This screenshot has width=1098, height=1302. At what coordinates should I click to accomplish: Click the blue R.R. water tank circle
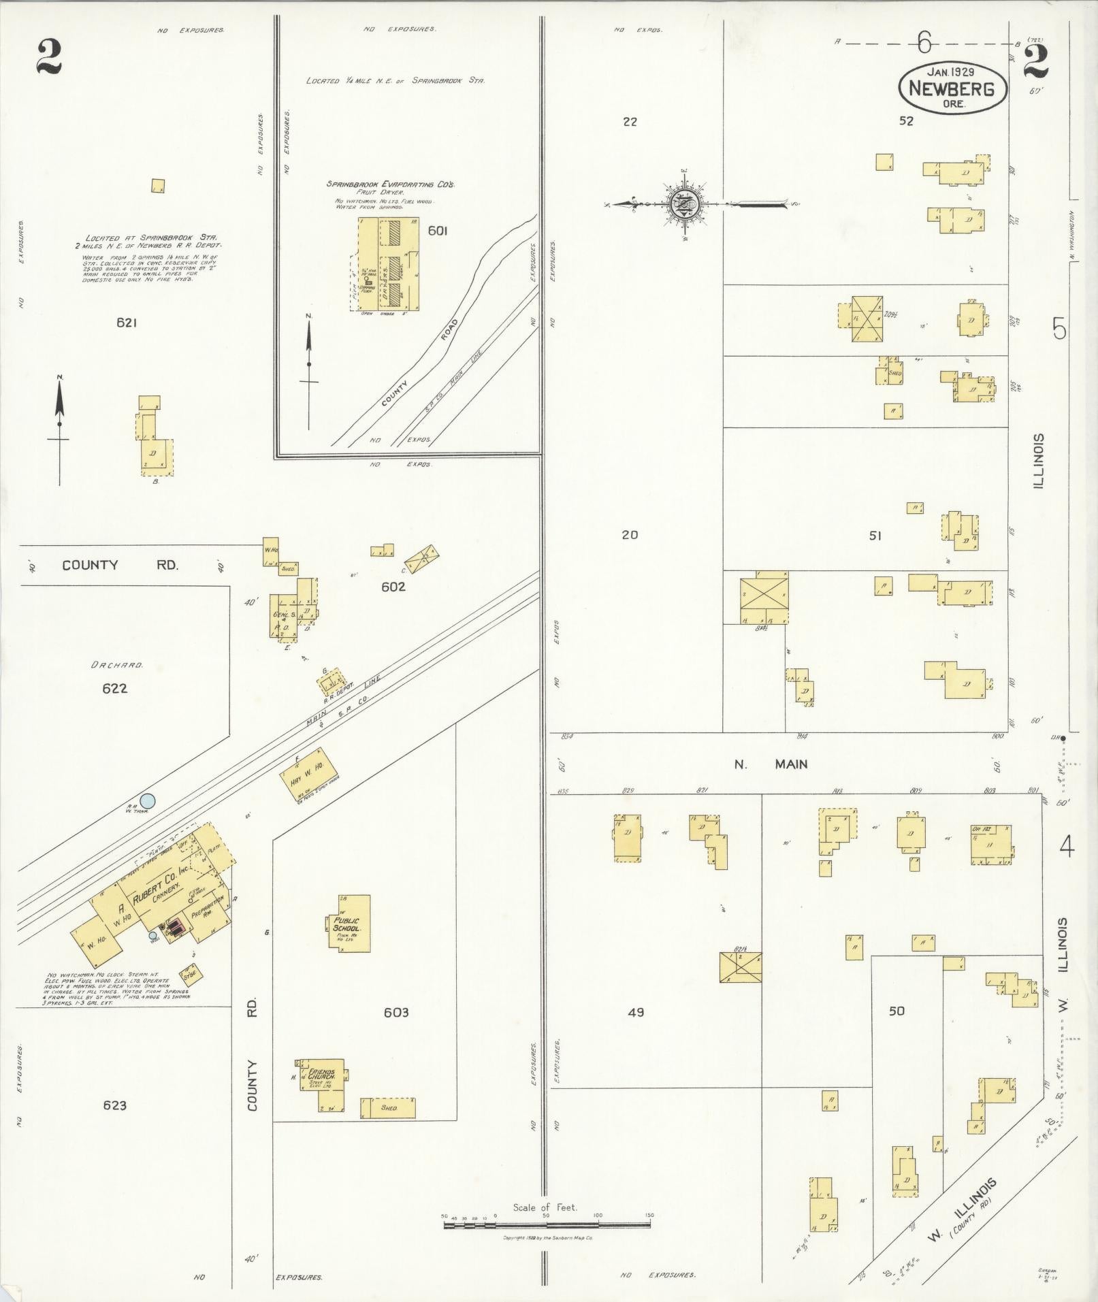click(147, 802)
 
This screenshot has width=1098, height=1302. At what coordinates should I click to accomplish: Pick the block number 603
click(395, 1012)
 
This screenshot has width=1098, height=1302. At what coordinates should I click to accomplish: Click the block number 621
click(127, 323)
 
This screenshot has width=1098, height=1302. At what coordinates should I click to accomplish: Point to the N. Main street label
click(771, 764)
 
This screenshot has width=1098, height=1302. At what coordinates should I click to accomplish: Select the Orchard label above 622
click(117, 665)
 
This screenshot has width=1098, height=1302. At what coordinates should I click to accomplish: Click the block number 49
click(636, 1012)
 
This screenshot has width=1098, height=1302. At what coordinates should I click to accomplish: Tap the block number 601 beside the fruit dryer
click(437, 231)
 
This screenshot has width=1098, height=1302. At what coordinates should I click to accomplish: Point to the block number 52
click(905, 121)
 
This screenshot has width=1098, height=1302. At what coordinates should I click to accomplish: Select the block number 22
click(630, 122)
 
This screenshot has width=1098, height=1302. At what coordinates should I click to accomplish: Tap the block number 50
click(897, 1011)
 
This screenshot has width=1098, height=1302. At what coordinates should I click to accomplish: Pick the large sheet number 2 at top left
click(49, 56)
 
